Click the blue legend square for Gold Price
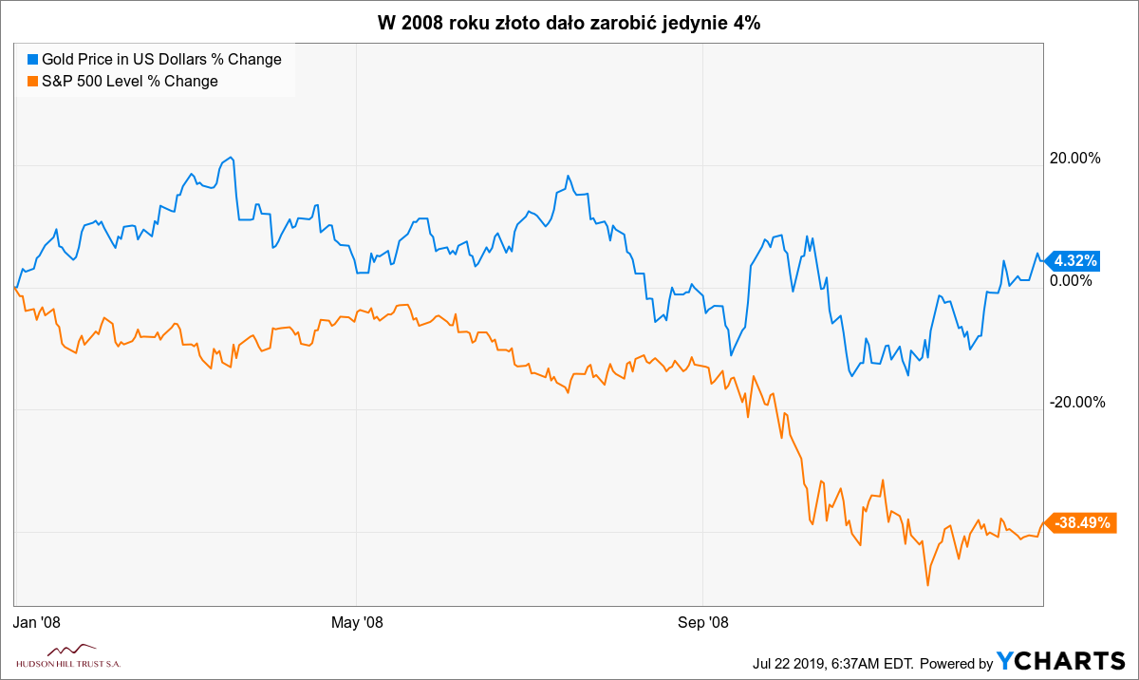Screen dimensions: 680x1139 point(32,59)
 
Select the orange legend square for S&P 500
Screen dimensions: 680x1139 point(32,81)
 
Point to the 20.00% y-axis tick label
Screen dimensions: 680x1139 point(1074,158)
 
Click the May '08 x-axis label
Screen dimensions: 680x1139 point(356,622)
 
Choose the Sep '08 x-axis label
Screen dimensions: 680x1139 point(702,622)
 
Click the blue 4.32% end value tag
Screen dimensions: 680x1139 point(1074,260)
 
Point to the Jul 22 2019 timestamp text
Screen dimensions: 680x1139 point(831,662)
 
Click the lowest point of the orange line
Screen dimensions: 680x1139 point(927,584)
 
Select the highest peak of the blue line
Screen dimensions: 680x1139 point(231,158)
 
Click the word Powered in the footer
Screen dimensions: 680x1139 point(955,662)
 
